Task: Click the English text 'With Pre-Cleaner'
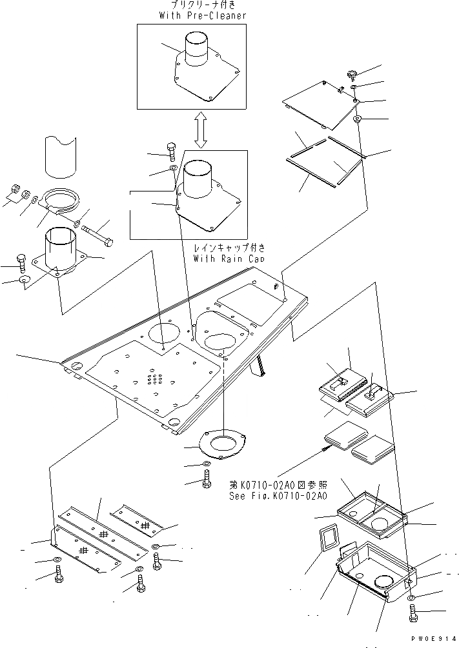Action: (x=202, y=15)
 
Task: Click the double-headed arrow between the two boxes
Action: (x=201, y=130)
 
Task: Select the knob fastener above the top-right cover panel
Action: (x=352, y=73)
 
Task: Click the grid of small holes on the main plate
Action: (x=154, y=378)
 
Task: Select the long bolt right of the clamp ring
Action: (x=98, y=231)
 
